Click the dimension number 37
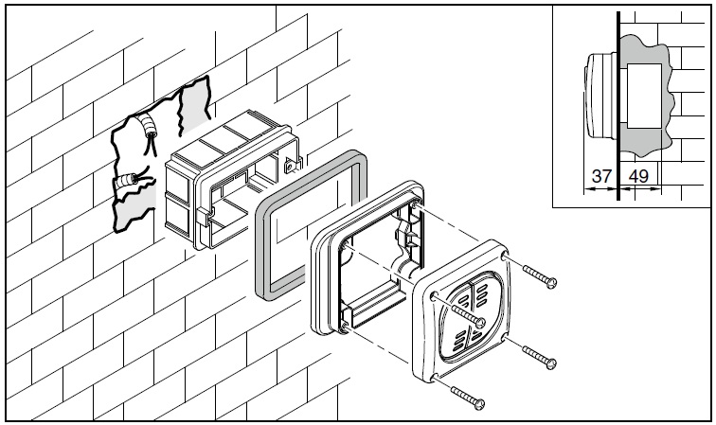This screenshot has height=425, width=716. [600, 176]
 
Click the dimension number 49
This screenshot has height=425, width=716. [638, 176]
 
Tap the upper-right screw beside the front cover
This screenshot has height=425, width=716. [539, 277]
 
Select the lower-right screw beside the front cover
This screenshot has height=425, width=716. [539, 358]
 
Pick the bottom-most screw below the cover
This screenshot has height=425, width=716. [468, 398]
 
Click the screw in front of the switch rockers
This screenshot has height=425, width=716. [468, 316]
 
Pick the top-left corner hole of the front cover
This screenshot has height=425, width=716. [434, 295]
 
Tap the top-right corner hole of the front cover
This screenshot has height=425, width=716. [504, 257]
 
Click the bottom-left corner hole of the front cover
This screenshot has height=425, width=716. [435, 377]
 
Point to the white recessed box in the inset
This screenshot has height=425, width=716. [644, 97]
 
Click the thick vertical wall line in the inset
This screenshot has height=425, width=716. [618, 106]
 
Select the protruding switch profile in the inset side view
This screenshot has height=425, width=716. [600, 96]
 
